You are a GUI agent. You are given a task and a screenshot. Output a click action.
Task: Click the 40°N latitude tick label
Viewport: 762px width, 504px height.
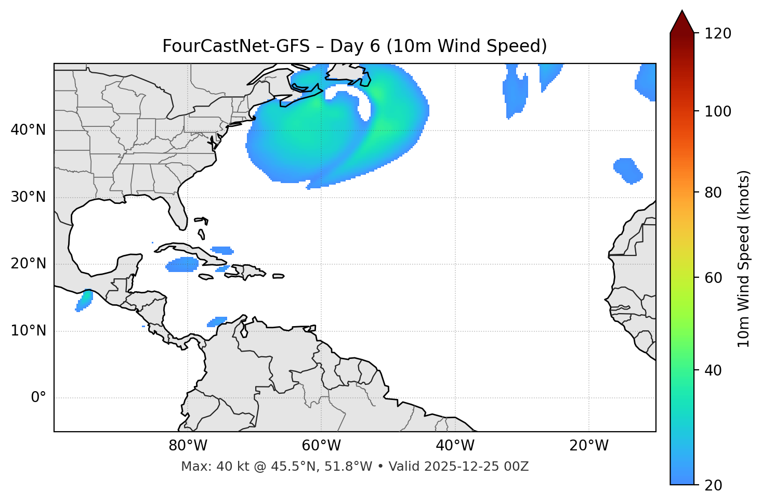click(x=28, y=130)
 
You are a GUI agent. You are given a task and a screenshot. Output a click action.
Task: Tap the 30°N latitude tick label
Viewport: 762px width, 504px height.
click(x=28, y=197)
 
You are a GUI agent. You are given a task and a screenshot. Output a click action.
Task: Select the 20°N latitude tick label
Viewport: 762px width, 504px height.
click(x=28, y=264)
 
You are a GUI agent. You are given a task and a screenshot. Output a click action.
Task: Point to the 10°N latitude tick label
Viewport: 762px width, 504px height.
click(x=28, y=331)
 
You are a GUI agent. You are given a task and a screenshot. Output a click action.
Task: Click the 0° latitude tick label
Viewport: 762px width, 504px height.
click(x=38, y=398)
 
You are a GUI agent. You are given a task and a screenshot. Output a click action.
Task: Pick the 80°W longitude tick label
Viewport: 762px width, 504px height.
click(x=188, y=446)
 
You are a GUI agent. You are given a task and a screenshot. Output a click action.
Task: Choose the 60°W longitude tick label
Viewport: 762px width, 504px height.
click(x=321, y=446)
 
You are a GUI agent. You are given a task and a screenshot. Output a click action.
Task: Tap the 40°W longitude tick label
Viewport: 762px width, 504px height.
click(x=455, y=446)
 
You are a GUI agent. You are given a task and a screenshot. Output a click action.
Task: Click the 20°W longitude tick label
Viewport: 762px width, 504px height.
click(x=588, y=446)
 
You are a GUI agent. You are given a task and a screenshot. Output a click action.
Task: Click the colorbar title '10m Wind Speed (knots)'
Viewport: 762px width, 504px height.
click(x=744, y=259)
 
